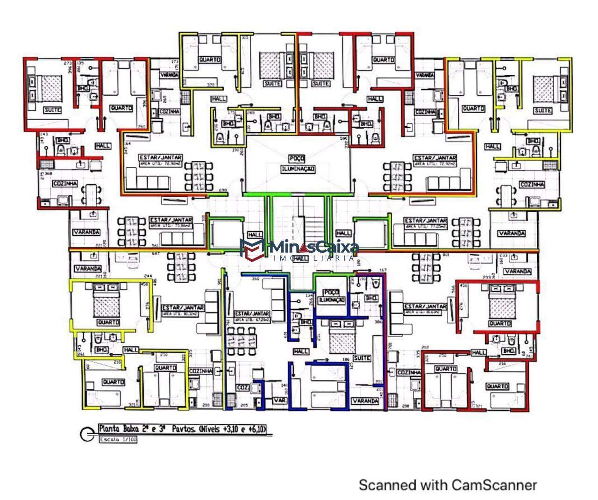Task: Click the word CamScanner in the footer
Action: click(x=491, y=485)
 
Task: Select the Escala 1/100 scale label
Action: click(x=118, y=439)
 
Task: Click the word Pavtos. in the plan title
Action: click(x=184, y=429)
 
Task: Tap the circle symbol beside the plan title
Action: click(x=87, y=435)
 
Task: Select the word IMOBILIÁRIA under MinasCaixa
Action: click(x=313, y=258)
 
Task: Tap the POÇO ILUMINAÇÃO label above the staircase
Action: click(x=298, y=164)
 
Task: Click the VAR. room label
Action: click(x=280, y=400)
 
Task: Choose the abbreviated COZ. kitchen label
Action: click(x=242, y=387)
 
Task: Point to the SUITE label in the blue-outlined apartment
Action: click(x=362, y=358)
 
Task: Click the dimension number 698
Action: click(x=223, y=191)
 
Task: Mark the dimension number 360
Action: click(x=256, y=279)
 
